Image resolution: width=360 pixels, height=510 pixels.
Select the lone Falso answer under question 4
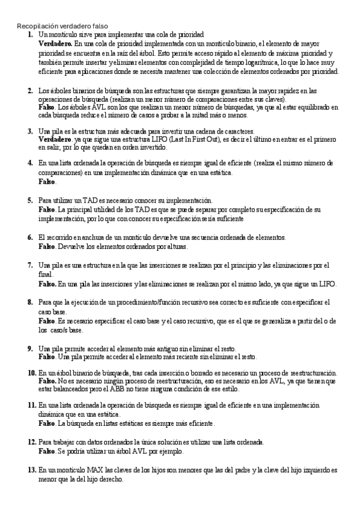[47, 181]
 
